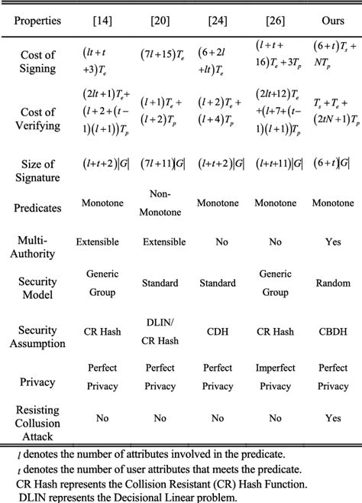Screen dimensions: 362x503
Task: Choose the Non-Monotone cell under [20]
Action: [x=160, y=203]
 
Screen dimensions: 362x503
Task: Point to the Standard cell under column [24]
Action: [x=217, y=283]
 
